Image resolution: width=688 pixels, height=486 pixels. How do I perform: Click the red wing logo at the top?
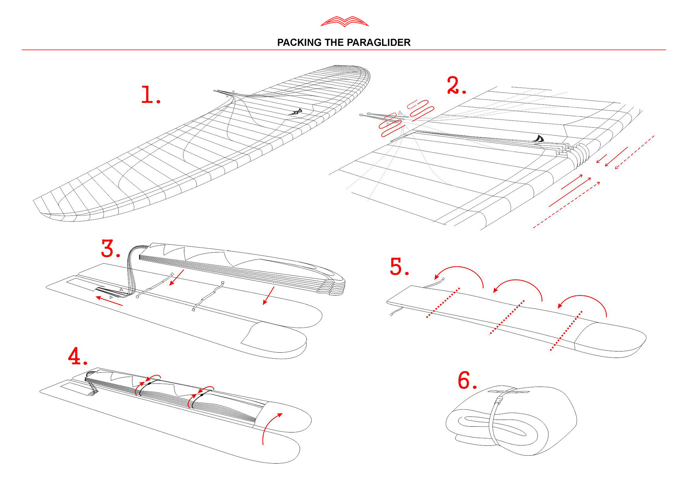[x=344, y=21]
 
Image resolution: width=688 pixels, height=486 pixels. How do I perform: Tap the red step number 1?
[x=149, y=95]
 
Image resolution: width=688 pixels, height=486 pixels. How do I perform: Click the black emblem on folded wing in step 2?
[x=539, y=139]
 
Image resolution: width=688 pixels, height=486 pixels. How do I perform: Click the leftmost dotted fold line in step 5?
[x=443, y=303]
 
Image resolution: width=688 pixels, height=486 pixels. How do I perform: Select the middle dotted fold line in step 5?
[x=507, y=318]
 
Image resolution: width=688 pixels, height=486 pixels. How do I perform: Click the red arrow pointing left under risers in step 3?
[x=109, y=301]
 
